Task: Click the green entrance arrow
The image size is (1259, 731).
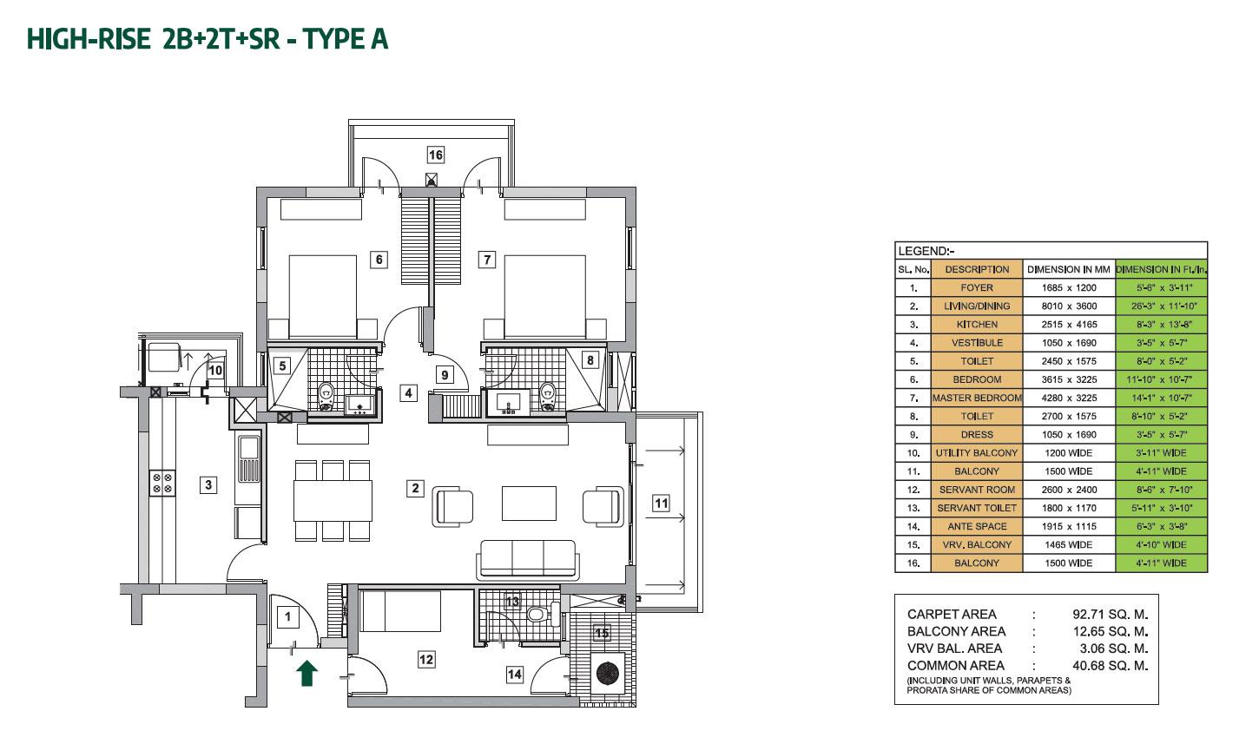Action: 305,673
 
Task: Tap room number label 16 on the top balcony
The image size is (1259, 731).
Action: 435,155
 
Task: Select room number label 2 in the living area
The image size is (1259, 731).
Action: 416,489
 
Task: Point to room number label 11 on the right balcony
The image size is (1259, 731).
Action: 661,502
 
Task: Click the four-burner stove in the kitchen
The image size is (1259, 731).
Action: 162,482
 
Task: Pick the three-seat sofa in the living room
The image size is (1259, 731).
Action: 526,560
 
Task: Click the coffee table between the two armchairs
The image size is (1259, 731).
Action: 529,502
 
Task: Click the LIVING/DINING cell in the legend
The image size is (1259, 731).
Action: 977,306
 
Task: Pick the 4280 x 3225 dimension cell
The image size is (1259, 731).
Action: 1069,398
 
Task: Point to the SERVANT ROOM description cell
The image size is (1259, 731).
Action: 977,490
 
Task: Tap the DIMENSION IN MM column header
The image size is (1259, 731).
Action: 1069,269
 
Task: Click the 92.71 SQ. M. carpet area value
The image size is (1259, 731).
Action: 1111,614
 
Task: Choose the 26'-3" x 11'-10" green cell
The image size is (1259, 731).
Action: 1161,306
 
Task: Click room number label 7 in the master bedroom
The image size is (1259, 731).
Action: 487,259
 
